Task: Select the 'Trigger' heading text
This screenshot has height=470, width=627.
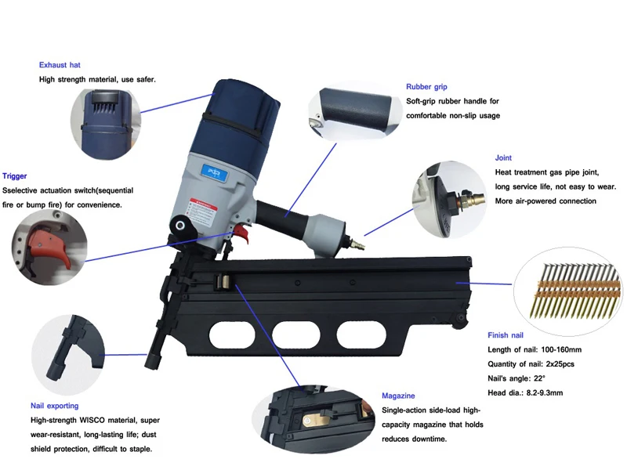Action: coord(15,176)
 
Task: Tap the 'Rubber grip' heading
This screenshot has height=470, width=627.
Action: coord(427,86)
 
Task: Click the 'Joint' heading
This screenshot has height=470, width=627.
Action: coord(503,157)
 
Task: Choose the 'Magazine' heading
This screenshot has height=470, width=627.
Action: coord(398,396)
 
